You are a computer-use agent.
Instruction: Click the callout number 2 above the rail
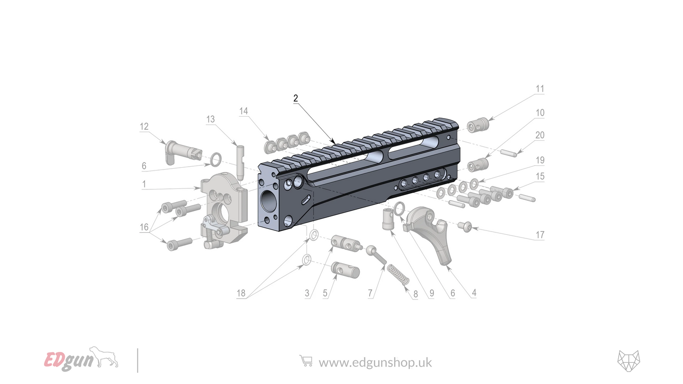(x=295, y=99)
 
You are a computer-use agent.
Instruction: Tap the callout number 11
(x=539, y=89)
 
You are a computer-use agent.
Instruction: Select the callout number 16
(x=144, y=227)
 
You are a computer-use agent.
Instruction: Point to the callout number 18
(x=241, y=293)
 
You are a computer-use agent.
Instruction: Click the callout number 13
(x=210, y=119)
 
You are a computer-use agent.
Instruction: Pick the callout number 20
(x=539, y=135)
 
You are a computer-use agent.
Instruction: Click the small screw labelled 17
(x=464, y=227)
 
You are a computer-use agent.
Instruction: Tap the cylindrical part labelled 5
(x=346, y=270)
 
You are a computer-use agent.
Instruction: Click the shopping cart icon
(x=306, y=361)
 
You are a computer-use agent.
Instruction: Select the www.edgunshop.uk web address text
(x=375, y=362)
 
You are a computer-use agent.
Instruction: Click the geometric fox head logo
(x=628, y=361)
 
